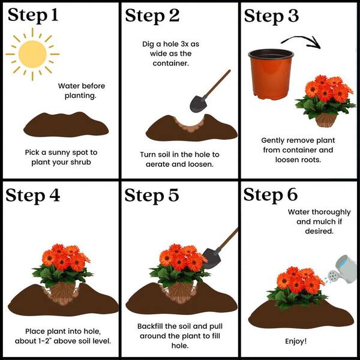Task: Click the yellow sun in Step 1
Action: click(x=32, y=55)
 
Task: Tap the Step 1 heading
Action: click(x=33, y=16)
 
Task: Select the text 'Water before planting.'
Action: click(x=81, y=91)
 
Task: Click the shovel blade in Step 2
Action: click(x=198, y=104)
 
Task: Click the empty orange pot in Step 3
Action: click(x=271, y=74)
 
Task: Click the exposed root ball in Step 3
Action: click(x=326, y=120)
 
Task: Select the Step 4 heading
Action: click(x=33, y=196)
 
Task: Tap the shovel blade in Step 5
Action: click(x=212, y=258)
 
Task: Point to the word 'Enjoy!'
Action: click(x=296, y=341)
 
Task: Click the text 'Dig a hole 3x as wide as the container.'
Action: click(x=170, y=53)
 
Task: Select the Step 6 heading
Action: click(x=271, y=194)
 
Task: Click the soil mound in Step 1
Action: click(x=66, y=125)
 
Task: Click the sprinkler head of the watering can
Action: click(x=333, y=276)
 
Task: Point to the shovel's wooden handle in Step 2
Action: click(x=216, y=84)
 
